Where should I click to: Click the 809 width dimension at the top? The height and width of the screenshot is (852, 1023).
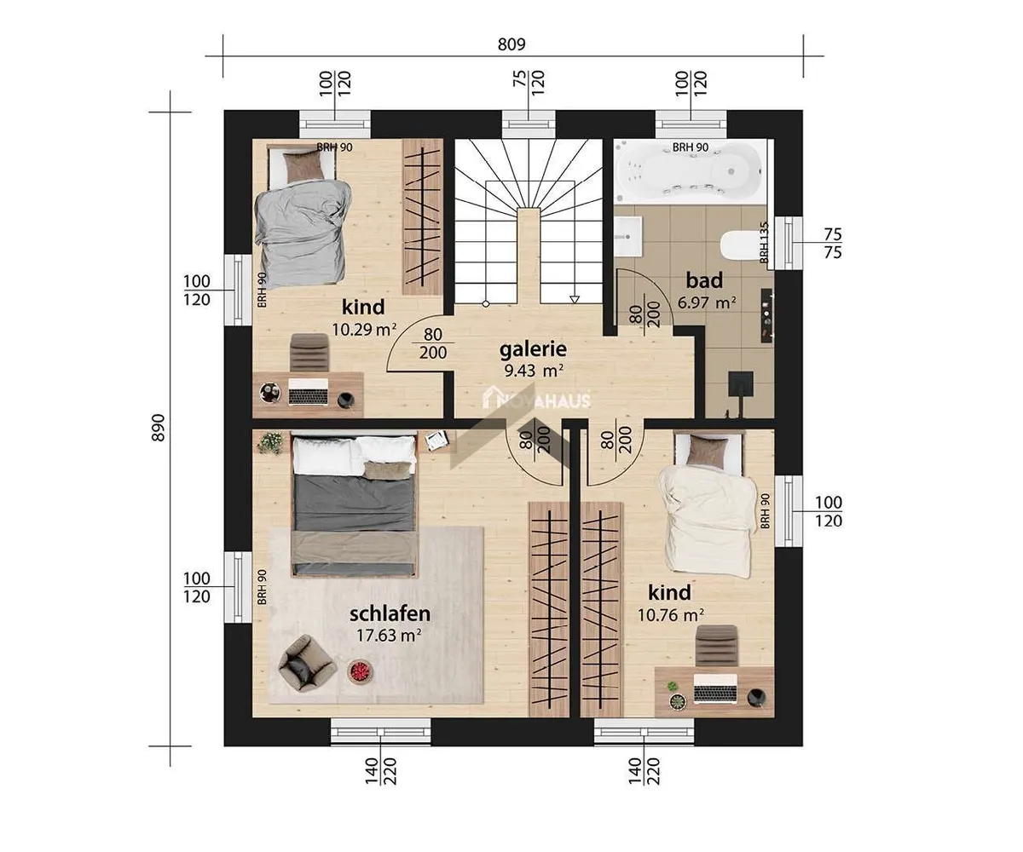coord(511,44)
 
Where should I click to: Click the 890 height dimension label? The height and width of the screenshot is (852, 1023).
coord(159,428)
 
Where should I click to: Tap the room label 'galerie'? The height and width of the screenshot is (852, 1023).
coord(533,349)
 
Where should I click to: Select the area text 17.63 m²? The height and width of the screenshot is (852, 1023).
coord(389,635)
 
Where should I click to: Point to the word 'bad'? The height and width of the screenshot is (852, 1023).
coord(704,280)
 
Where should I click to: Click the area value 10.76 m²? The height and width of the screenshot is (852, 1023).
coord(670,614)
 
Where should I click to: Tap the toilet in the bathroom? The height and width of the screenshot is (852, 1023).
coord(739,245)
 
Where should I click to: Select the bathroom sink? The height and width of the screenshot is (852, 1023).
coord(628,237)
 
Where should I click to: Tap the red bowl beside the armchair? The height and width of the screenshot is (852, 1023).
coord(361,670)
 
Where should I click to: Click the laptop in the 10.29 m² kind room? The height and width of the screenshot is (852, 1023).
coord(308,392)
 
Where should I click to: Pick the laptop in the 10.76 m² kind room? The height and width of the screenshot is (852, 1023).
coord(715,689)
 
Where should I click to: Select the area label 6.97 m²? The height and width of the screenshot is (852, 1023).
coord(707,302)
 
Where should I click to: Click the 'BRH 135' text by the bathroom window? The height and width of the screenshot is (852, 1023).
coord(764,243)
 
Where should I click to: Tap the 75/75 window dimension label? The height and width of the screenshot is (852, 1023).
coord(832,244)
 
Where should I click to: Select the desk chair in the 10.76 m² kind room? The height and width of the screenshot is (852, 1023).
coord(716,646)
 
